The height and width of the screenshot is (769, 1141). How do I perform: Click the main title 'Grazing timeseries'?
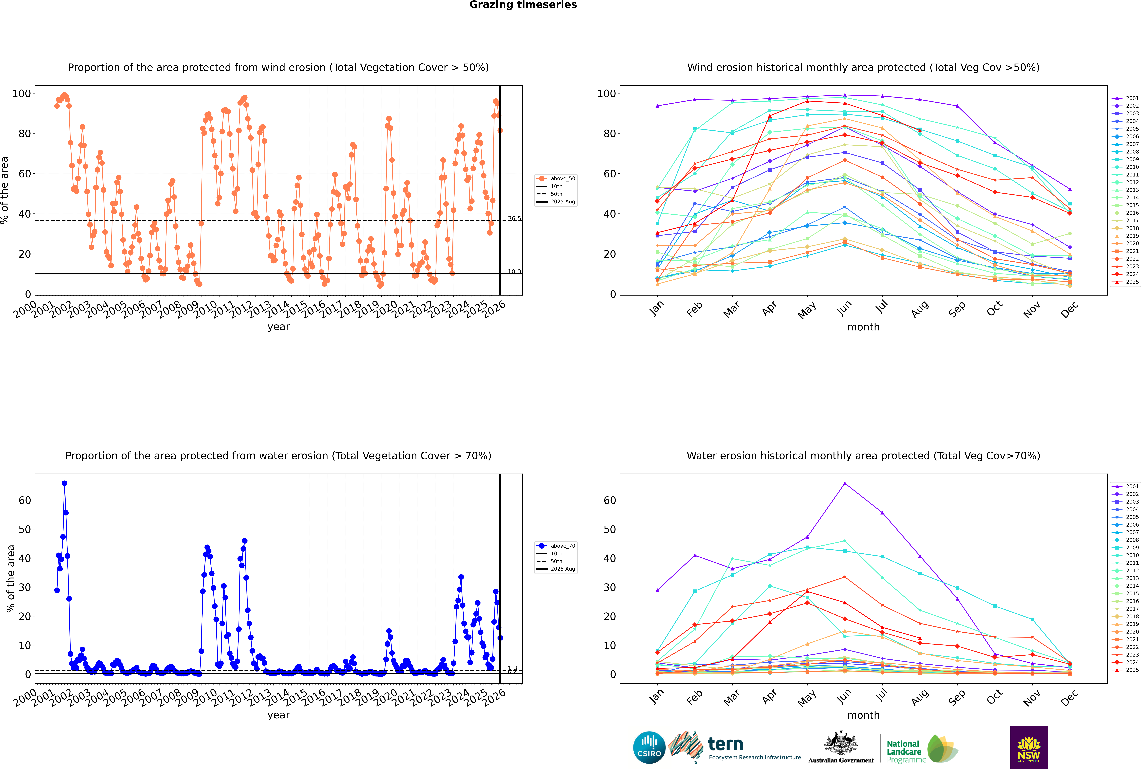(523, 5)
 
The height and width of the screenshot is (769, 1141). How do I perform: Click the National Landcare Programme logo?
(921, 749)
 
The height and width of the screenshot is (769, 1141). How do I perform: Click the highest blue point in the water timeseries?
(64, 483)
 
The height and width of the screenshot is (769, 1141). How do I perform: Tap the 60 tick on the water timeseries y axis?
(24, 500)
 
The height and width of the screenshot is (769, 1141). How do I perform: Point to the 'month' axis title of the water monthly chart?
(863, 715)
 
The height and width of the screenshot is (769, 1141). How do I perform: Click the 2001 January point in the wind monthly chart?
(657, 106)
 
